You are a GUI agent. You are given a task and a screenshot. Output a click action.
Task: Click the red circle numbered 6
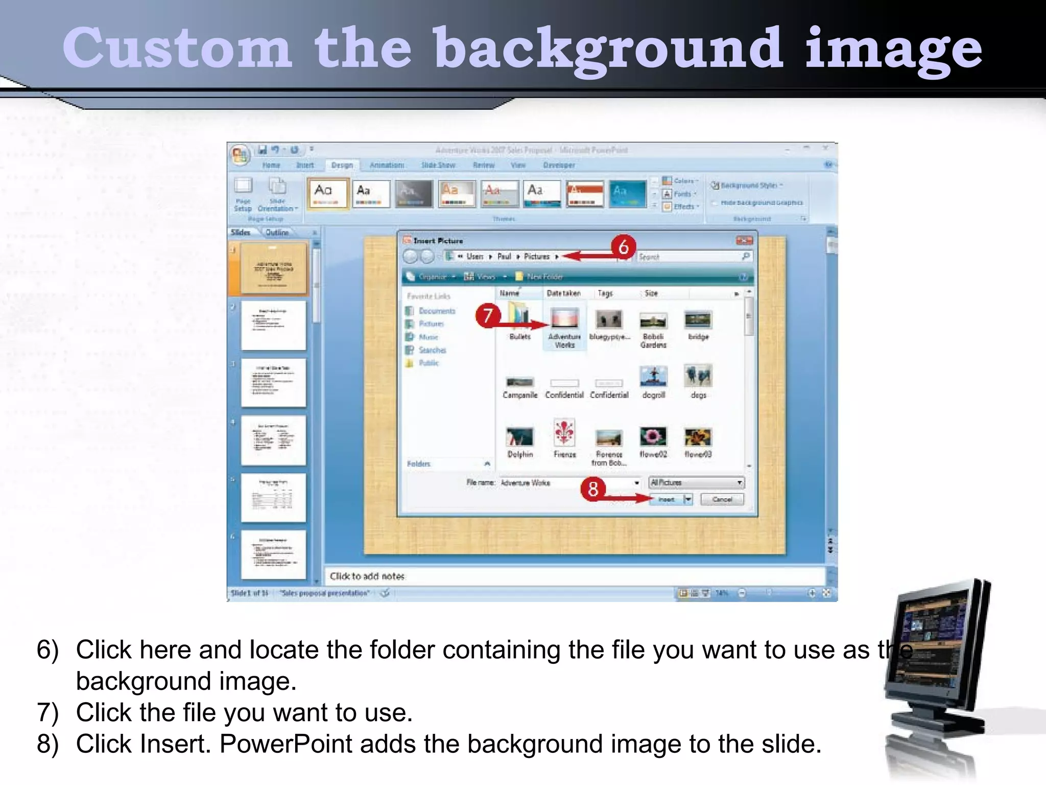pos(623,247)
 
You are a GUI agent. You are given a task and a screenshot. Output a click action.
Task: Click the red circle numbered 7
pos(488,315)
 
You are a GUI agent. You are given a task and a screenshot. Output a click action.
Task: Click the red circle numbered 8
pos(592,489)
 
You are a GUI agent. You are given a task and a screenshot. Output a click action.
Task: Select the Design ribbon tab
pos(342,165)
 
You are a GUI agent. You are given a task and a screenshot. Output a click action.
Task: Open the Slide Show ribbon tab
pos(438,165)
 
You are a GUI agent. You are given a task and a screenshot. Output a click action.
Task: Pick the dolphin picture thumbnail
pos(520,437)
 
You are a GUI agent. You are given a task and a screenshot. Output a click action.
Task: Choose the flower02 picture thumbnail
pos(653,436)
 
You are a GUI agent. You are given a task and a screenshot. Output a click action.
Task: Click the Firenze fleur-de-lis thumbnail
pos(564,433)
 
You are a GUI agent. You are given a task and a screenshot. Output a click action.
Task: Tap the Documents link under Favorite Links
pos(437,311)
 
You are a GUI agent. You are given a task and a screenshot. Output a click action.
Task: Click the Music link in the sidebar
pos(429,337)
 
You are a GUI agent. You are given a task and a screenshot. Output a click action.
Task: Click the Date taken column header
pos(563,293)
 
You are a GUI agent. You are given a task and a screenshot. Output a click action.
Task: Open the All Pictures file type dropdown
pos(696,482)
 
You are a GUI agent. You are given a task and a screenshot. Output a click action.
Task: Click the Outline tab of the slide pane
pos(277,233)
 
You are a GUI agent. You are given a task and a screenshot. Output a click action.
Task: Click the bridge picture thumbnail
pos(698,320)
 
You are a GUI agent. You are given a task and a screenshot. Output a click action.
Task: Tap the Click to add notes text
pos(367,576)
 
